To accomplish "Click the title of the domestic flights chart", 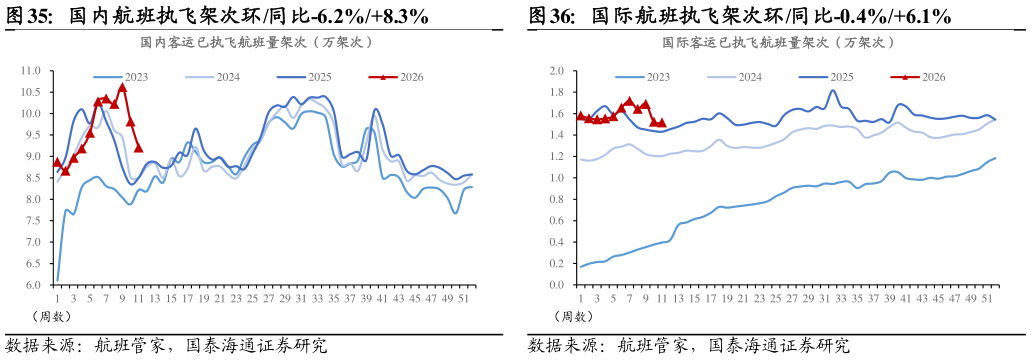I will pos(256,42).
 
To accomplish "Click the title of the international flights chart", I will pos(778,42).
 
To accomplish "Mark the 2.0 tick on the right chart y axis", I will pos(556,71).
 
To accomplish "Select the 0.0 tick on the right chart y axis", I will pos(556,285).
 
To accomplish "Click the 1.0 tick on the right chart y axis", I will pos(556,178).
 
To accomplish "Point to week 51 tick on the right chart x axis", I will pos(986,298).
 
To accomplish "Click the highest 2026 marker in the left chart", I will pos(122,87).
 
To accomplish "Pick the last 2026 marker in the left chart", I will pos(138,148).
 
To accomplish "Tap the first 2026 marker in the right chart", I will pos(580,115).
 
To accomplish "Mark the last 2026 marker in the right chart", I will pos(661,123).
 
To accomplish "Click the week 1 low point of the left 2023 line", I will pos(57,280).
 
